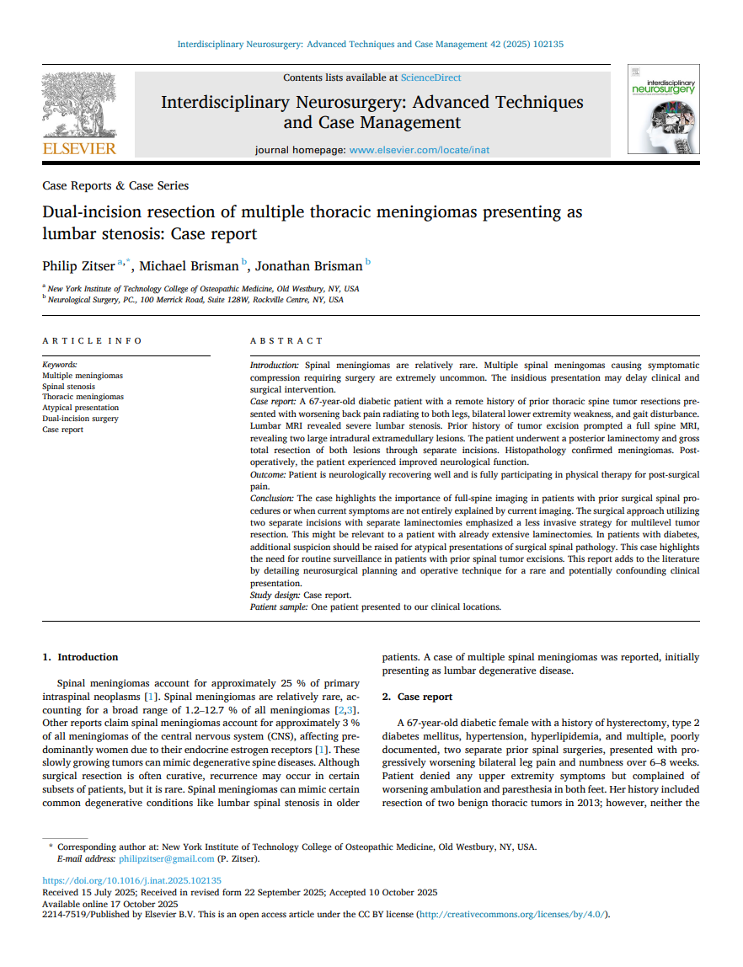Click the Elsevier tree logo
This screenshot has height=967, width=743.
tap(78, 104)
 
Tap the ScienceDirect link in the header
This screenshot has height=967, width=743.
tap(430, 77)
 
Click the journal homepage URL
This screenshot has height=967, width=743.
tap(419, 150)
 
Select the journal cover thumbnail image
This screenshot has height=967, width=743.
tap(663, 109)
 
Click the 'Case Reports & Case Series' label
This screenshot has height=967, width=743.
tap(115, 185)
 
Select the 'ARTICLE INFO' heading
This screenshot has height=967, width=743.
tap(93, 340)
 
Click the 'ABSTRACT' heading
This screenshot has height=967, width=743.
tap(286, 340)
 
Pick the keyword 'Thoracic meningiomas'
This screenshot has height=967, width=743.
tap(83, 397)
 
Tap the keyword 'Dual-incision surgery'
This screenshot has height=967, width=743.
tap(80, 419)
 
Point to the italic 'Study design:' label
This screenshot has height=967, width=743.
tap(275, 596)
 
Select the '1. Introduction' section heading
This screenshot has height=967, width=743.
tap(80, 657)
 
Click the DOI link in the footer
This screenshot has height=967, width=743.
tap(131, 881)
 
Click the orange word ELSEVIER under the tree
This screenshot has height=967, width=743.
tap(79, 149)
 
